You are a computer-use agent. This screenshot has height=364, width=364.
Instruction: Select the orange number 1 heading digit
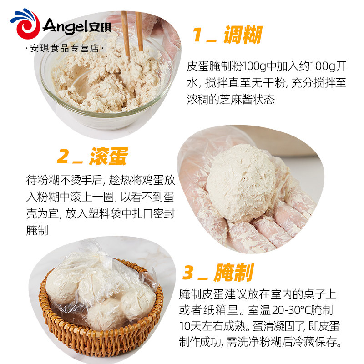pyautogui.click(x=197, y=35)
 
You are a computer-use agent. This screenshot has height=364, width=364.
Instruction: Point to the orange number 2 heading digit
pyautogui.click(x=63, y=156)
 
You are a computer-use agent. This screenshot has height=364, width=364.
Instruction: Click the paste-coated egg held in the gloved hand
pyautogui.click(x=241, y=182)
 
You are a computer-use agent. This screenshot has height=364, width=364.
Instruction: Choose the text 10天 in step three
pyautogui.click(x=190, y=326)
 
